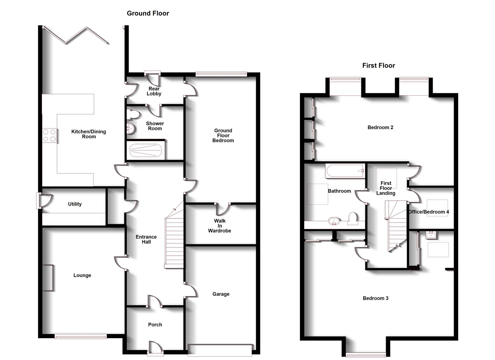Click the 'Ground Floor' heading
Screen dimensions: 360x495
[x=148, y=13]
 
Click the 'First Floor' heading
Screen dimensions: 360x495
[x=378, y=66]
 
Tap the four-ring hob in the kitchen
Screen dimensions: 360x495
[x=49, y=136]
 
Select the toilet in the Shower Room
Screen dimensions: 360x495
[x=133, y=114]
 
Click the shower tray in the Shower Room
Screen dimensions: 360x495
[x=146, y=150]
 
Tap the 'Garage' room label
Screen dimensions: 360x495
[x=221, y=294]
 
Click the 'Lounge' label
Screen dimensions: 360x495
[x=82, y=275]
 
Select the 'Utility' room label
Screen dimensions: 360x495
[x=75, y=204]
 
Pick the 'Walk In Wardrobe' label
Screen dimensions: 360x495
[x=220, y=226]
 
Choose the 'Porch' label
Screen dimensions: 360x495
[x=155, y=325]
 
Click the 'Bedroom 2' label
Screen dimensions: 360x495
[x=380, y=127]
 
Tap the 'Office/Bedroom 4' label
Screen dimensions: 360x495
[x=429, y=212]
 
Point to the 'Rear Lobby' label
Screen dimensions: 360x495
[x=154, y=91]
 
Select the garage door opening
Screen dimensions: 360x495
[x=220, y=350]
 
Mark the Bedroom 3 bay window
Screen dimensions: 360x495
[x=366, y=354]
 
